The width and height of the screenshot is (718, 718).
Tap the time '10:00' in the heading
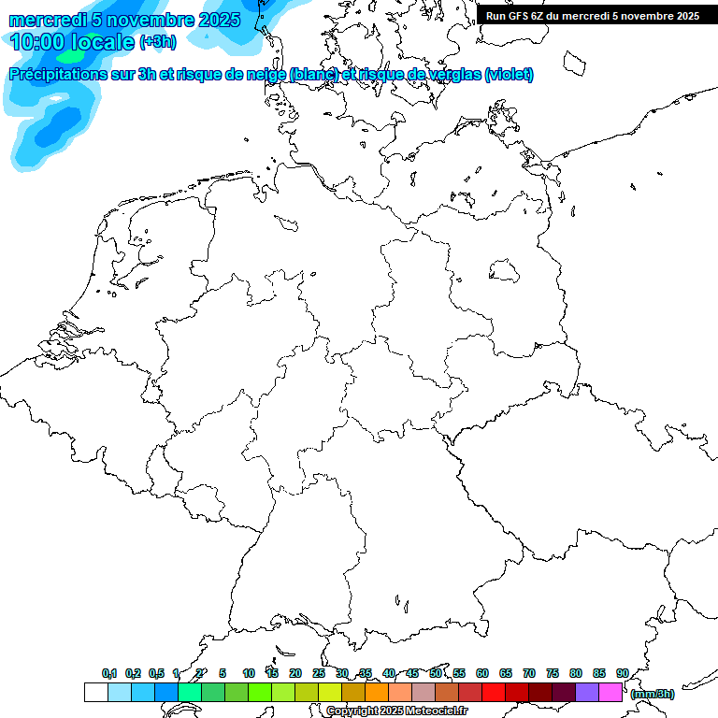click(40, 41)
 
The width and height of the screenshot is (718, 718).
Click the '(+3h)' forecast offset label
click(157, 42)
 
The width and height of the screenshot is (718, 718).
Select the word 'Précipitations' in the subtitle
click(65, 74)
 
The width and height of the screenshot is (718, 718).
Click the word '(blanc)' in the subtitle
click(314, 74)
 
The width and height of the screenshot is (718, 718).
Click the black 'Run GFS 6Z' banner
click(593, 15)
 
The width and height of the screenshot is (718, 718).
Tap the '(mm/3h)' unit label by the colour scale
click(653, 694)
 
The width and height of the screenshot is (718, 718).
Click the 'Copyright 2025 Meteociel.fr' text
click(396, 711)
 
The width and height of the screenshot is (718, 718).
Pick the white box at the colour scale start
click(95, 692)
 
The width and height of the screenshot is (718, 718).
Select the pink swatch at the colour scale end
click(610, 692)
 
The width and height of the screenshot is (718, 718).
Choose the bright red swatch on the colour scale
click(494, 692)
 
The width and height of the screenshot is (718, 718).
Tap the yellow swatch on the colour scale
click(330, 692)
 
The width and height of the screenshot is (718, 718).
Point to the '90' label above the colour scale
click(622, 673)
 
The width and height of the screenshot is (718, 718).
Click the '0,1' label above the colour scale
click(109, 673)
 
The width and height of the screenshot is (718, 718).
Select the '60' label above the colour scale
click(482, 673)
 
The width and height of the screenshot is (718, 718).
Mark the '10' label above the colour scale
click(249, 673)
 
